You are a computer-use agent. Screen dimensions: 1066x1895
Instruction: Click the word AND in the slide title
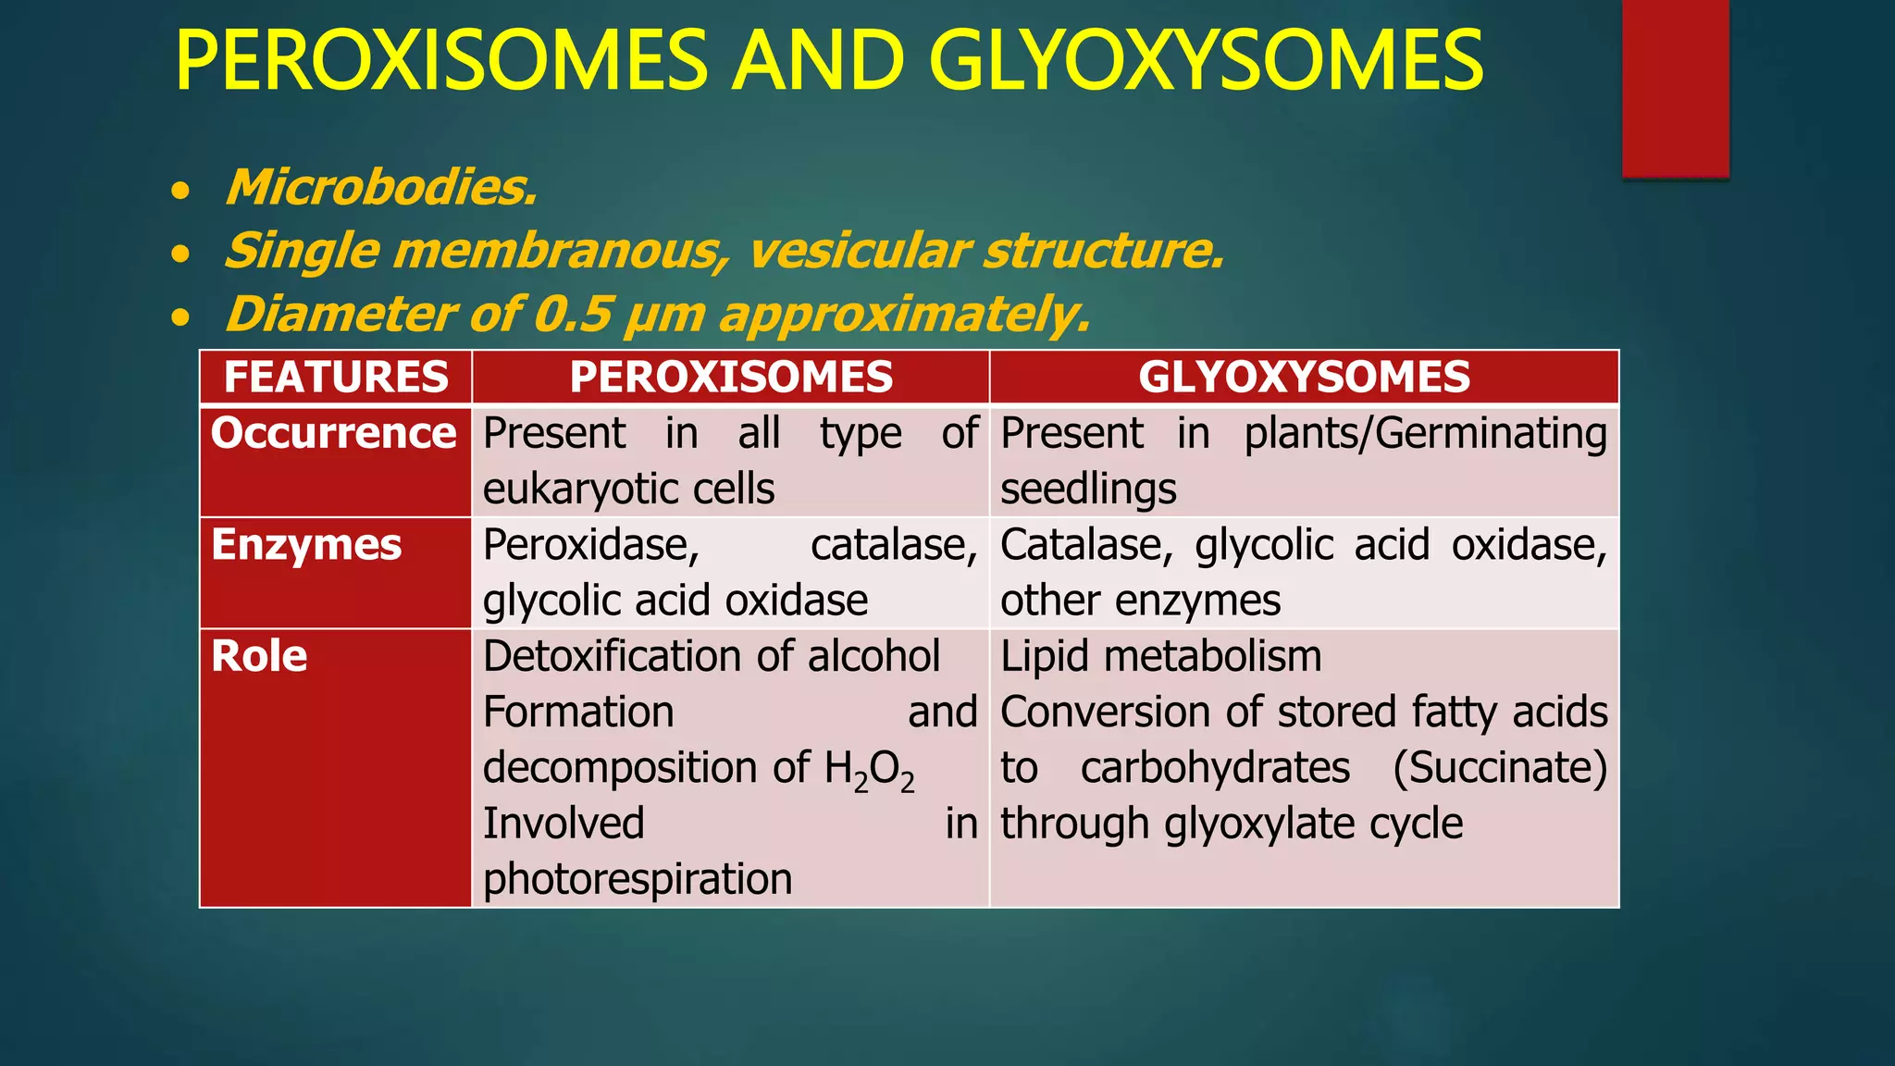coord(818,61)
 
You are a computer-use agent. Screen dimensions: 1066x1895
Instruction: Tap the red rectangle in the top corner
coord(1675,88)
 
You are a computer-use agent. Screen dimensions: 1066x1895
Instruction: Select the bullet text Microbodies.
coord(381,188)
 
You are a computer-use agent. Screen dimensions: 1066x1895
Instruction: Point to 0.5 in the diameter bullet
coord(573,314)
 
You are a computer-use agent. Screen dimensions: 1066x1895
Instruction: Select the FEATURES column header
coord(336,378)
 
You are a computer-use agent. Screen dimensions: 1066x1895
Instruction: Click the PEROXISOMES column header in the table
coord(731,378)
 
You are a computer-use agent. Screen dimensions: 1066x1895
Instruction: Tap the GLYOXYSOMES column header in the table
coord(1304,378)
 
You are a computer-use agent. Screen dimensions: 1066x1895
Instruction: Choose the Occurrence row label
coord(334,433)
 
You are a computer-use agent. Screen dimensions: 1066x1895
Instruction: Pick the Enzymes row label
coord(306,545)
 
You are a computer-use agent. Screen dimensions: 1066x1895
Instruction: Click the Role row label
coord(259,656)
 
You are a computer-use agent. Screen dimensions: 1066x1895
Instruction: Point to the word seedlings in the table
coord(1088,489)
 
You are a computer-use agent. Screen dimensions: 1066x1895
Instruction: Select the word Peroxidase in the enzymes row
coord(590,545)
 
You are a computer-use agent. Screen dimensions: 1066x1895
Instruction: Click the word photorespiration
coord(638,879)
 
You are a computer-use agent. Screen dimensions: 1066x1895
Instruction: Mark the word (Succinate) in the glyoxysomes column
coord(1500,768)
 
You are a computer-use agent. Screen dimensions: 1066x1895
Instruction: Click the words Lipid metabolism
coord(1161,656)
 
